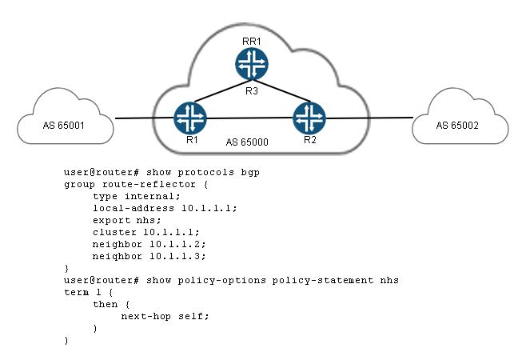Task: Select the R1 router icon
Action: click(x=189, y=118)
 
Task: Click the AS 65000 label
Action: click(x=246, y=142)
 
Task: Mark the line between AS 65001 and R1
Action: click(x=144, y=120)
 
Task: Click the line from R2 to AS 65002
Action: click(x=369, y=118)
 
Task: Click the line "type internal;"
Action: click(x=137, y=195)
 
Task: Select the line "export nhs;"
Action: click(x=130, y=219)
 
